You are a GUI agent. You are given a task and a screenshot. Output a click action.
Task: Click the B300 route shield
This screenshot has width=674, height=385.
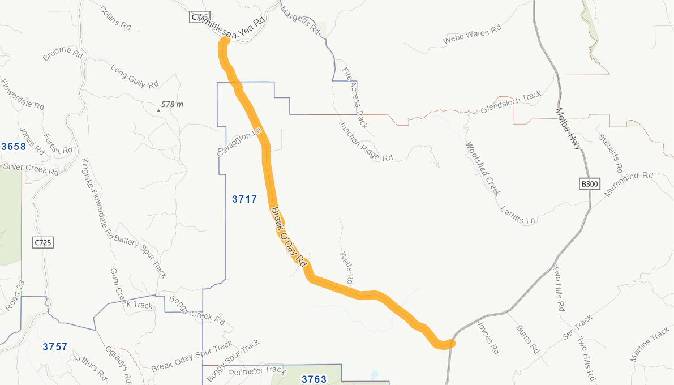point(589,184)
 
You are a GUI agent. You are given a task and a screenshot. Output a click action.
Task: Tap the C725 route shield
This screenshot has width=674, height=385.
point(42,243)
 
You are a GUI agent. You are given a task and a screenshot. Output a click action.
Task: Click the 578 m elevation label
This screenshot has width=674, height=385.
point(172,105)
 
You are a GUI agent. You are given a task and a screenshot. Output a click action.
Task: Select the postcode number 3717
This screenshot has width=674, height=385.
point(244,199)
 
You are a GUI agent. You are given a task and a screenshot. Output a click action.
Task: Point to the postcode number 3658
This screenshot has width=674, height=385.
point(14,147)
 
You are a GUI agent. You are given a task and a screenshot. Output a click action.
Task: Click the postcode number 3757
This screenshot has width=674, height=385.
point(55,347)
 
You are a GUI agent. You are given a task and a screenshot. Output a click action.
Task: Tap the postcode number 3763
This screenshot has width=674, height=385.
point(314,379)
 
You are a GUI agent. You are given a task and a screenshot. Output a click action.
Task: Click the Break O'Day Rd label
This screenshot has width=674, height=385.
point(289,238)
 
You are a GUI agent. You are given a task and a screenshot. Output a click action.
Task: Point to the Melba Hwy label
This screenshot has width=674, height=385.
point(568,129)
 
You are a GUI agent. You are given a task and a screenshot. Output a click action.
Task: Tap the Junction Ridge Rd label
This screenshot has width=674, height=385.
point(366,142)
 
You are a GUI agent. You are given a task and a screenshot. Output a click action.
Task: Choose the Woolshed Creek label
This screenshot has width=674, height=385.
point(483,168)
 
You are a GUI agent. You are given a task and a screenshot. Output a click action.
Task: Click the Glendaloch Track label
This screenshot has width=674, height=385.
point(511,102)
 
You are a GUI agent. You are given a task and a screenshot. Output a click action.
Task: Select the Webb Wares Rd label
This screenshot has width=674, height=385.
point(472,35)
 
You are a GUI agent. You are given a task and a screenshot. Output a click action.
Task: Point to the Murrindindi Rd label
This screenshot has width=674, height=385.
point(628,185)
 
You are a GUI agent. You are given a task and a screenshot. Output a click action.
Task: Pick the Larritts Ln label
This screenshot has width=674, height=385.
point(518,215)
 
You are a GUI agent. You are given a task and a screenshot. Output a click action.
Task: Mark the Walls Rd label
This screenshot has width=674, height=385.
point(347,268)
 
